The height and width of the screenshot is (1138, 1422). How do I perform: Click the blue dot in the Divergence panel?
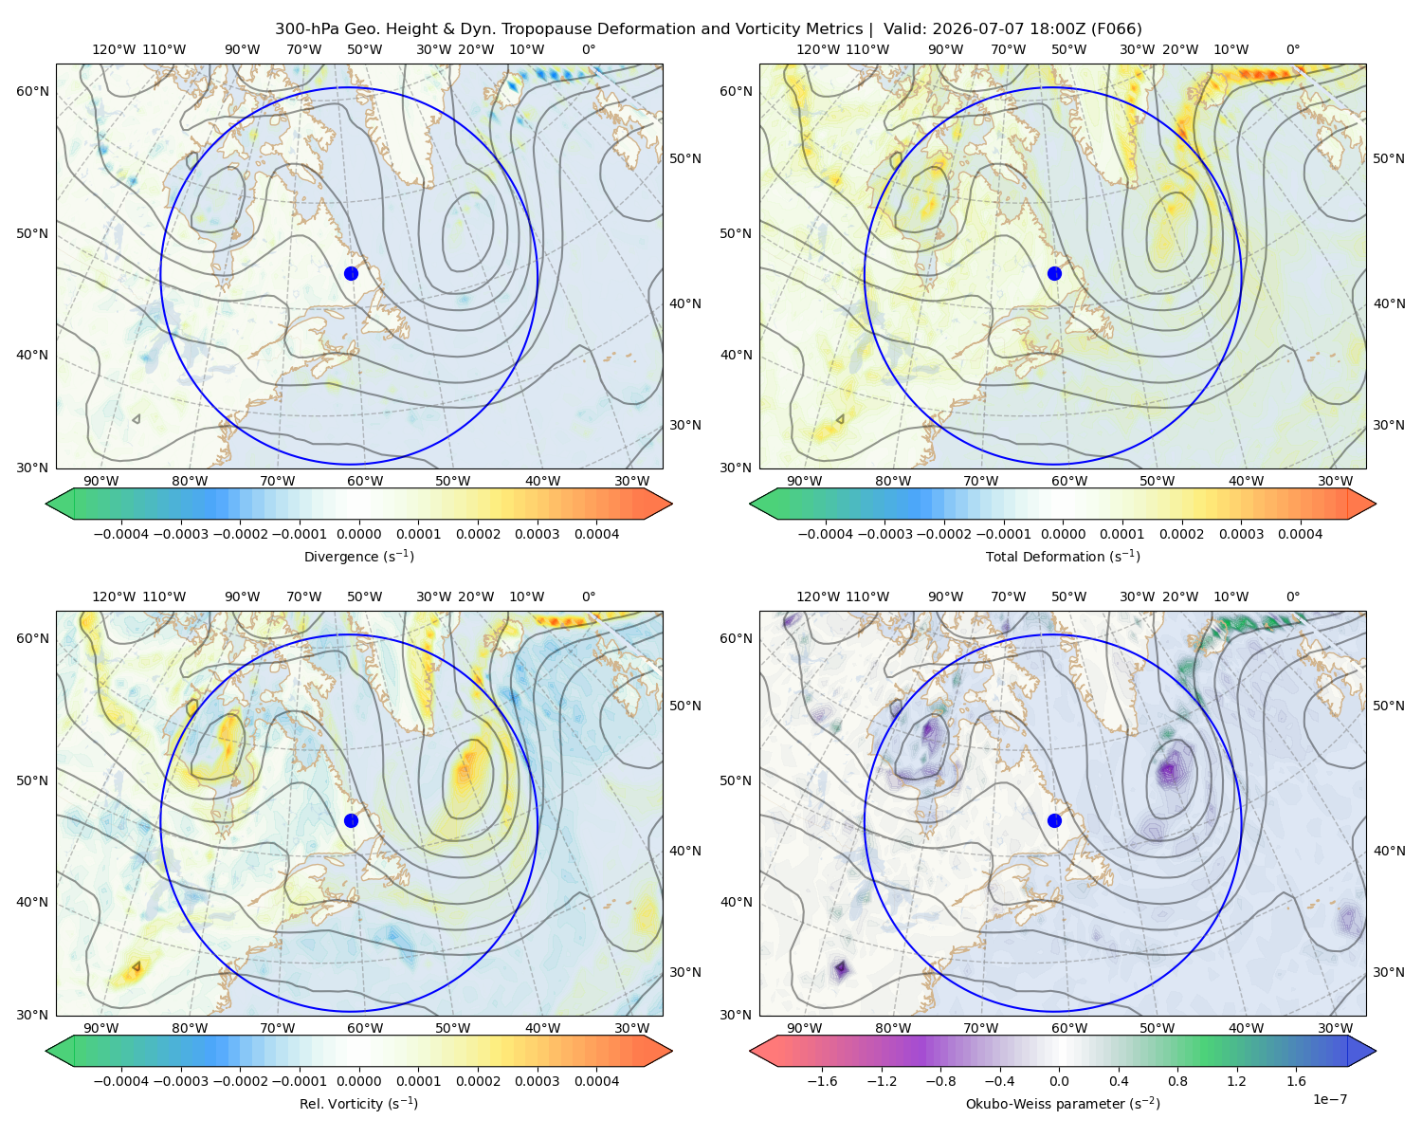tap(351, 273)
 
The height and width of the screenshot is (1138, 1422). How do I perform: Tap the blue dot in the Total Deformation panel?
tap(1054, 273)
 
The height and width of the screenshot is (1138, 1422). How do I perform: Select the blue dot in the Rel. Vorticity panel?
tap(351, 820)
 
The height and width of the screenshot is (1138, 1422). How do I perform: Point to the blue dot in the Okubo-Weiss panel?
tap(1054, 820)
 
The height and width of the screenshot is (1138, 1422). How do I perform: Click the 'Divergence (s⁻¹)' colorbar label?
tap(358, 556)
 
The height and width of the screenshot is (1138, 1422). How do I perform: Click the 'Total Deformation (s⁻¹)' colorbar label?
tap(1063, 556)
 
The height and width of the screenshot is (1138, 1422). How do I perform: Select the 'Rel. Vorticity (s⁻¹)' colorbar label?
tap(358, 1103)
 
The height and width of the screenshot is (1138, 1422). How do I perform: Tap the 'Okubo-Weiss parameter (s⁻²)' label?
tap(1063, 1103)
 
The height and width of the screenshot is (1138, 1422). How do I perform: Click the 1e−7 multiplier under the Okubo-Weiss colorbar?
tap(1329, 1099)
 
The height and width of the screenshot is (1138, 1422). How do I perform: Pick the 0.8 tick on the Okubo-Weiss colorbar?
tap(1177, 1081)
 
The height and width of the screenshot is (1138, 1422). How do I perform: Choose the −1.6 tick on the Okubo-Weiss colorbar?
tap(822, 1081)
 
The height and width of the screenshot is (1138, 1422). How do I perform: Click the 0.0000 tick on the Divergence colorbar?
tap(358, 534)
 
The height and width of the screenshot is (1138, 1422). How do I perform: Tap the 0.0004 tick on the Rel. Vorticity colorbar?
tap(596, 1081)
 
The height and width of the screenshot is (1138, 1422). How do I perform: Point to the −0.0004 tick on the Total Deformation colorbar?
tap(826, 534)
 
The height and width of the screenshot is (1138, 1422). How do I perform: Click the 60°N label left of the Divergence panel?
tap(32, 91)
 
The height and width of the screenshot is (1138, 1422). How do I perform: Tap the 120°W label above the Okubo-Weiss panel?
tap(817, 597)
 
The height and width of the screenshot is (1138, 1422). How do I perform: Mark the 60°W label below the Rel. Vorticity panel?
tap(365, 1028)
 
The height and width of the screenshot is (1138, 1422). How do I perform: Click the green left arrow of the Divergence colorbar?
tap(61, 504)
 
